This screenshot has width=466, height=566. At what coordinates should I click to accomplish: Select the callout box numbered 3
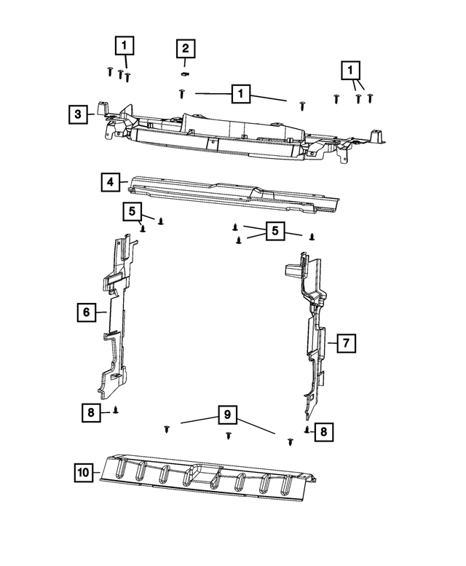pyautogui.click(x=77, y=114)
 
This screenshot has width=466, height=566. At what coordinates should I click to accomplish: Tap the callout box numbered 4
pyautogui.click(x=109, y=181)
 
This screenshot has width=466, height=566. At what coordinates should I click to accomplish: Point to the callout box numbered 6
pyautogui.click(x=86, y=313)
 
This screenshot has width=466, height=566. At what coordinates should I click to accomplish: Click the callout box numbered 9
pyautogui.click(x=227, y=415)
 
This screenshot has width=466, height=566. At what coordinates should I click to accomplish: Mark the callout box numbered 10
pyautogui.click(x=84, y=473)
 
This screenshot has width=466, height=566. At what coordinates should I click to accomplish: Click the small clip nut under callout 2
pyautogui.click(x=184, y=73)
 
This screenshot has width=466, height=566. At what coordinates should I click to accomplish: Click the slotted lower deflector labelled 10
pyautogui.click(x=211, y=477)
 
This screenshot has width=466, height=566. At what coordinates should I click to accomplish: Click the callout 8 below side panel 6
pyautogui.click(x=90, y=413)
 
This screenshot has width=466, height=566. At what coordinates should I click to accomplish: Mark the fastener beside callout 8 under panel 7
pyautogui.click(x=307, y=431)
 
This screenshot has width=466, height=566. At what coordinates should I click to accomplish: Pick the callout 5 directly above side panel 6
pyautogui.click(x=133, y=211)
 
